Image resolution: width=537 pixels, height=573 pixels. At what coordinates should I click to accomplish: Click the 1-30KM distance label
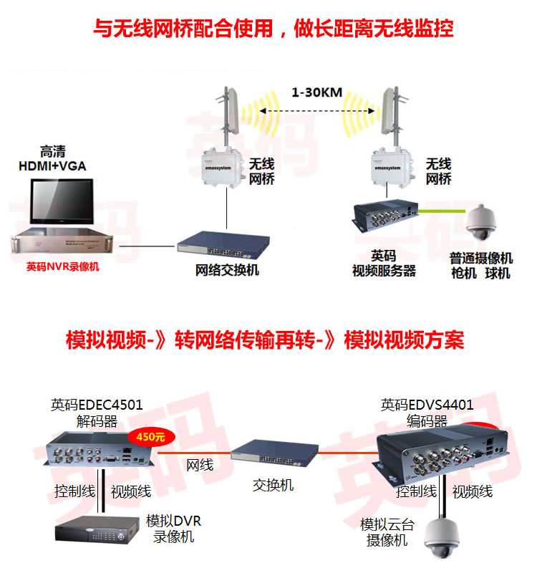pos(315,92)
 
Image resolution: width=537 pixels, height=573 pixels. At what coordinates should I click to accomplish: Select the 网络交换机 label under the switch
pos(228,270)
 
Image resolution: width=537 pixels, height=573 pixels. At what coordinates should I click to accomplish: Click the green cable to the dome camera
pos(444,211)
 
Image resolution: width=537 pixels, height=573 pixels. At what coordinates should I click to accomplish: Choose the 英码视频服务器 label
pos(384,264)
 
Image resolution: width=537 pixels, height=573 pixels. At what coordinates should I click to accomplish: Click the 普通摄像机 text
pos(481,259)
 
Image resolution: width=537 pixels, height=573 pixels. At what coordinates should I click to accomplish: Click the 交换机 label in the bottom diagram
pos(273,485)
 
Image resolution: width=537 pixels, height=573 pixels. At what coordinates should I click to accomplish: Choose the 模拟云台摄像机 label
pos(387,532)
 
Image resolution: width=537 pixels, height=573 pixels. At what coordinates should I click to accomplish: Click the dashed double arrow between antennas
pos(315,111)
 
